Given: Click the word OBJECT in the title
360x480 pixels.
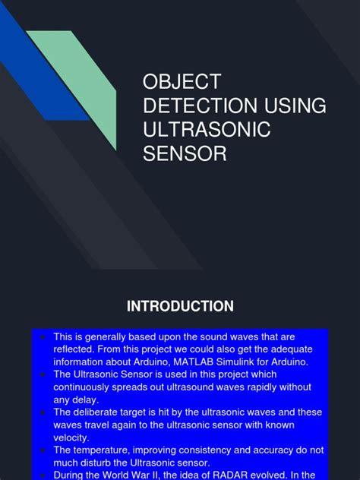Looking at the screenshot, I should click(x=182, y=82).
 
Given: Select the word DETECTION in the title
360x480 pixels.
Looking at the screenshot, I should click(x=196, y=106).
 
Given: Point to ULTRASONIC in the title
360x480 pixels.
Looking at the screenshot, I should click(x=207, y=130).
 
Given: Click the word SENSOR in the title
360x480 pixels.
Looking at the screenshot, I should click(x=185, y=154).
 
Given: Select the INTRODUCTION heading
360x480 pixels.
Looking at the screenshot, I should click(x=180, y=306).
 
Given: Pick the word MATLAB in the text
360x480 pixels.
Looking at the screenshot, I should click(x=197, y=362).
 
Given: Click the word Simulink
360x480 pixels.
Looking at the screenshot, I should click(x=247, y=362).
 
